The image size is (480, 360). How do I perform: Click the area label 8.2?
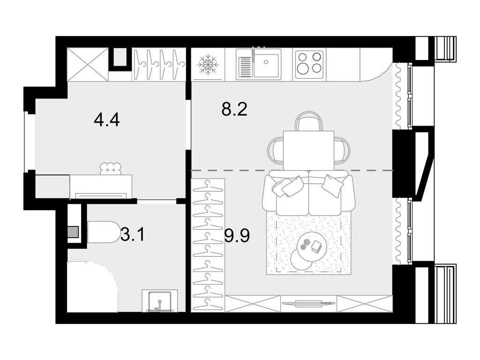[x=234, y=109]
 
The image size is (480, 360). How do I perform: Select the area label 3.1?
[x=132, y=235]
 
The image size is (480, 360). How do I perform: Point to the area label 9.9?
[x=237, y=235]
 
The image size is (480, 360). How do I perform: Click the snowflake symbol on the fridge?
[x=208, y=65]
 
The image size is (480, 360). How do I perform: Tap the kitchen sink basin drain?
[x=266, y=62]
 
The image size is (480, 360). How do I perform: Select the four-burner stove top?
[x=309, y=65]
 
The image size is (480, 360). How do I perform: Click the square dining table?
[x=308, y=150]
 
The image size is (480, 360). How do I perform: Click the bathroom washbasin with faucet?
[x=159, y=301]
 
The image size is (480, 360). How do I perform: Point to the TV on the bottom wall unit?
[x=308, y=303]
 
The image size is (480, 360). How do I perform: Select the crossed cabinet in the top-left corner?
[x=88, y=64]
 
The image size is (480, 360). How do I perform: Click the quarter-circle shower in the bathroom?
[x=92, y=287]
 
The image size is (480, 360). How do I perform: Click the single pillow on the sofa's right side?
[x=332, y=185]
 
